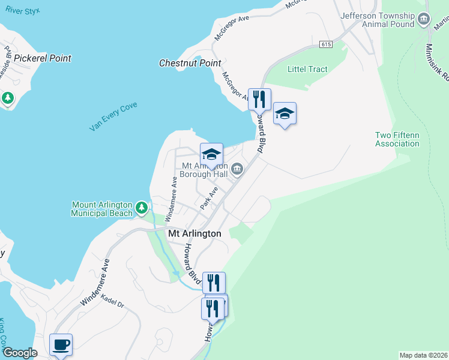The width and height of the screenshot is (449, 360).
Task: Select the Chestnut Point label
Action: pos(190,63)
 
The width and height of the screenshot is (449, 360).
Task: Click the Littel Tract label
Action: pos(308,69)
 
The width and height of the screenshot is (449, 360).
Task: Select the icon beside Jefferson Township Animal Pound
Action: pos(424,19)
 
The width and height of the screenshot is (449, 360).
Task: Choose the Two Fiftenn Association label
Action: pos(397,139)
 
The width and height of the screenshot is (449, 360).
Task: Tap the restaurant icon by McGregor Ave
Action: pos(259,99)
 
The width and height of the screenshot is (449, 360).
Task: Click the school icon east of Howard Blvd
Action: pos(285,113)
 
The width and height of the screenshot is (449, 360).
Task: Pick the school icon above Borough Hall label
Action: pos(211,154)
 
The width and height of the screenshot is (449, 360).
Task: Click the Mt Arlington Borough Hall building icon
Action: pos(237,170)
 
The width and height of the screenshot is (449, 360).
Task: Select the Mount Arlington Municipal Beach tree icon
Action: pos(141,208)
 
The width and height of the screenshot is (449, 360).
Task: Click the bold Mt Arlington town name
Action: pos(194,233)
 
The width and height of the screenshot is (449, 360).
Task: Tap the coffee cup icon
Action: pos(61,344)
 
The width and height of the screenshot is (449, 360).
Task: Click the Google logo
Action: pos(19,353)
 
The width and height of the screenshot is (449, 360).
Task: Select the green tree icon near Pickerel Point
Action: pos(8,97)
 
